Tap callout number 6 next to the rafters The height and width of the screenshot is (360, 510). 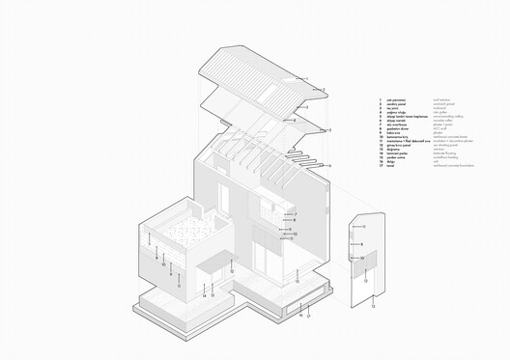[329, 166]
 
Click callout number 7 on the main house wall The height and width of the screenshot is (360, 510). [296, 214]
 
